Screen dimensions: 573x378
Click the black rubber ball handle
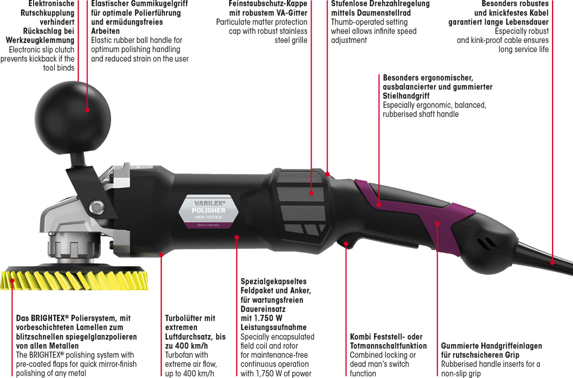click(x=73, y=118)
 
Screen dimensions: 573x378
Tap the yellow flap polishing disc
click(x=74, y=280)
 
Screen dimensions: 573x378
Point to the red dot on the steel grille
click(x=311, y=193)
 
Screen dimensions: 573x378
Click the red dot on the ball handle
click(x=87, y=110)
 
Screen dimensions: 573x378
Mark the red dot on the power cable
click(x=552, y=262)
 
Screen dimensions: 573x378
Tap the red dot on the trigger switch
click(x=346, y=244)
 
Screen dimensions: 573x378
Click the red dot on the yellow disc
click(x=12, y=281)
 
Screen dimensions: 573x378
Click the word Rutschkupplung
click(x=47, y=13)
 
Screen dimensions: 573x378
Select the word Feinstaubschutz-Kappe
click(x=268, y=4)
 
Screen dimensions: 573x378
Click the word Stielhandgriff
click(x=406, y=96)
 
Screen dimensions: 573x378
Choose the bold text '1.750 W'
click(x=268, y=318)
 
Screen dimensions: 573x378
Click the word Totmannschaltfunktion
click(x=388, y=346)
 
